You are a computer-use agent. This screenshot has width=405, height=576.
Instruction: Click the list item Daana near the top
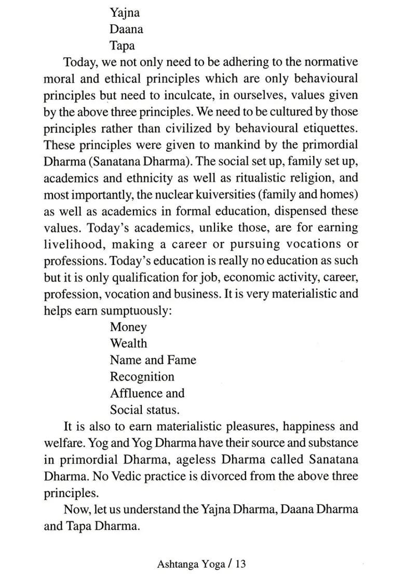pyautogui.click(x=126, y=29)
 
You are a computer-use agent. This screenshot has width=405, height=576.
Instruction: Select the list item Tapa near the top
pyautogui.click(x=123, y=46)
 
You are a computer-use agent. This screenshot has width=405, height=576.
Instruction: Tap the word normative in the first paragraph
pyautogui.click(x=331, y=62)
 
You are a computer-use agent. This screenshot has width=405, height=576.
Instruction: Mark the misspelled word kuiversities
pyautogui.click(x=236, y=194)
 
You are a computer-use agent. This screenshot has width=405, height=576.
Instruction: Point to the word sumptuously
pyautogui.click(x=134, y=310)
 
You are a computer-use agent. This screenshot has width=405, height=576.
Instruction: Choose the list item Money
pyautogui.click(x=128, y=328)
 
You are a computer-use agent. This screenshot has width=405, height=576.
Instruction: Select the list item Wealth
pyautogui.click(x=128, y=344)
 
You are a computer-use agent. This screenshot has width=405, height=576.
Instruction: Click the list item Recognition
pyautogui.click(x=142, y=377)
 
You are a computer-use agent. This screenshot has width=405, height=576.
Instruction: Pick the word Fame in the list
pyautogui.click(x=182, y=360)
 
